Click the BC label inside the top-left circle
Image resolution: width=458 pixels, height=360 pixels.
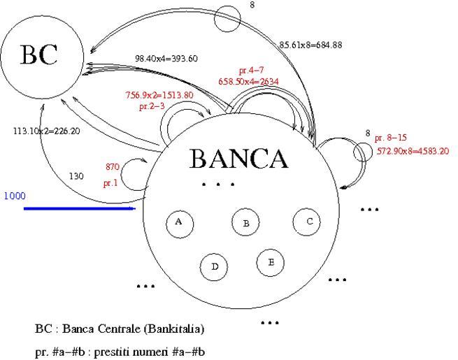click(38, 55)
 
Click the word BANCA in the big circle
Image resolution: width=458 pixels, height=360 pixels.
click(238, 159)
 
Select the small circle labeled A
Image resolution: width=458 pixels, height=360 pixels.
click(179, 222)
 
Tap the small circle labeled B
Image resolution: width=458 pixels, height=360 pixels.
click(245, 223)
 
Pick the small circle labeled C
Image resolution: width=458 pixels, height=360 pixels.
click(307, 222)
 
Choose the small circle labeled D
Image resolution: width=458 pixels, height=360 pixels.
click(215, 266)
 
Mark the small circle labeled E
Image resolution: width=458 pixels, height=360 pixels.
click(270, 262)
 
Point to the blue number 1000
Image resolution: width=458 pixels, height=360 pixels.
click(15, 196)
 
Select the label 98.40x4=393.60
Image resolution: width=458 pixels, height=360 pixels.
click(166, 59)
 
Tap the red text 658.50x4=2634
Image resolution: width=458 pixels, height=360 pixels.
click(248, 82)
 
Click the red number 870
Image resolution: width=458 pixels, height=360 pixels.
click(113, 166)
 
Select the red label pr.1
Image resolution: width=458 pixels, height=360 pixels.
click(110, 184)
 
